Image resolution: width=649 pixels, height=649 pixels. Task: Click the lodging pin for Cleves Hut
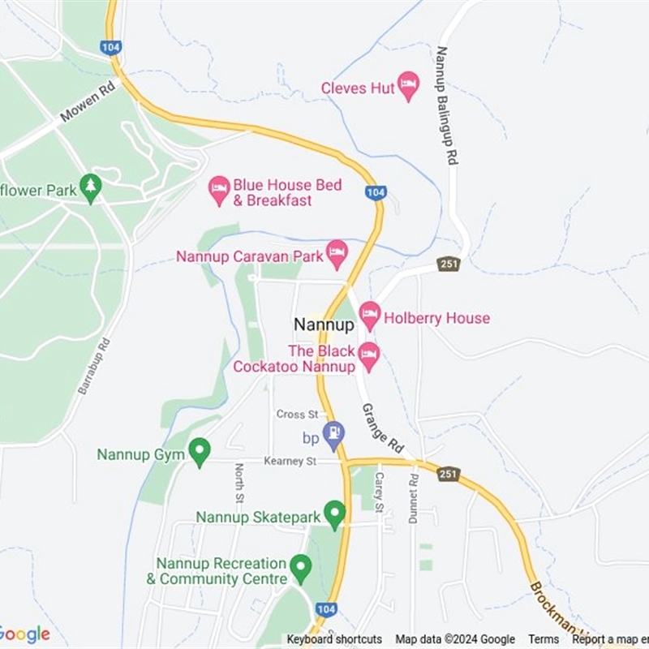tap(408, 85)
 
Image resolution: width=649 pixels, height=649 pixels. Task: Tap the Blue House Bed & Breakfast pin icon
tap(219, 190)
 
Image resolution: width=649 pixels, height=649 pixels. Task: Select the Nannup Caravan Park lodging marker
tap(337, 253)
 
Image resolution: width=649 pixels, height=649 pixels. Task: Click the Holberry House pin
tap(370, 315)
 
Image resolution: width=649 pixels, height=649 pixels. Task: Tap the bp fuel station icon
tap(333, 436)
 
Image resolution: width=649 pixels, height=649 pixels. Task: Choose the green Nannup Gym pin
tap(199, 451)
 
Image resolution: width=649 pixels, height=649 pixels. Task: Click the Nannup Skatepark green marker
tap(334, 513)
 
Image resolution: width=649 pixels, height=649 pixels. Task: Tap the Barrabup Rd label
tap(93, 366)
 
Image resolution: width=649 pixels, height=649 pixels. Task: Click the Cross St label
tap(297, 414)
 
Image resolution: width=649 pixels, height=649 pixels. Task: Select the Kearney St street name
tap(290, 461)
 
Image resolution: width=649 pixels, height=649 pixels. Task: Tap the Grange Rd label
tap(382, 429)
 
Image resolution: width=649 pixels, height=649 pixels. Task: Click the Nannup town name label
tap(324, 324)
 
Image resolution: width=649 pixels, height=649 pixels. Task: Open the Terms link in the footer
tap(544, 639)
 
